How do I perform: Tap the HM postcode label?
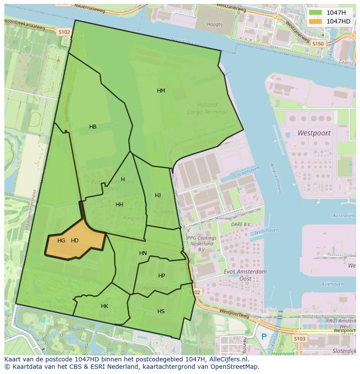161,91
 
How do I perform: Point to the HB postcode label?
93,127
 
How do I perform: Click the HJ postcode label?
158,195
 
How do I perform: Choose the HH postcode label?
120,205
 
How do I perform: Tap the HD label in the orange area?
75,241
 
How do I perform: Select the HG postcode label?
61,241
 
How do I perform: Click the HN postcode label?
143,253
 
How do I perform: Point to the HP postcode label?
162,276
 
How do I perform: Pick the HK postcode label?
104,306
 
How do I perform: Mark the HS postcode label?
161,311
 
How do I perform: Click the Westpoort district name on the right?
314,133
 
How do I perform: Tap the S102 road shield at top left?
64,32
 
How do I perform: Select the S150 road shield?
318,43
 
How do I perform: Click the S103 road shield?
299,338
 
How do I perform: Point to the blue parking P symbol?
263,336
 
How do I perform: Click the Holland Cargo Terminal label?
207,108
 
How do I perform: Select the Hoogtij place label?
215,25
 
